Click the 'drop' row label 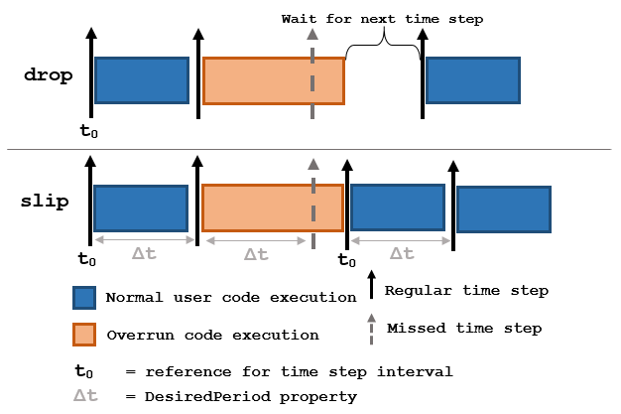tap(47, 75)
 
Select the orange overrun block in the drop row tap(274, 80)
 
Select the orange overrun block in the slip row tap(274, 207)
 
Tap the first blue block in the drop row tap(141, 79)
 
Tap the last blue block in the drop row tap(472, 79)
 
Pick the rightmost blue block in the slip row tap(503, 209)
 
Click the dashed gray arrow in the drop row tap(312, 74)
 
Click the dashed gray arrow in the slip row tap(312, 204)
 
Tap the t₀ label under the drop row tap(88, 130)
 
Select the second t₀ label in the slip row tap(346, 260)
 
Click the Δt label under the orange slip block tap(255, 254)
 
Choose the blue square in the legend tap(84, 299)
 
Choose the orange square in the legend tap(84, 335)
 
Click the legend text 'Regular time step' tap(466, 291)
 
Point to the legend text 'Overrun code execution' tap(212, 335)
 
